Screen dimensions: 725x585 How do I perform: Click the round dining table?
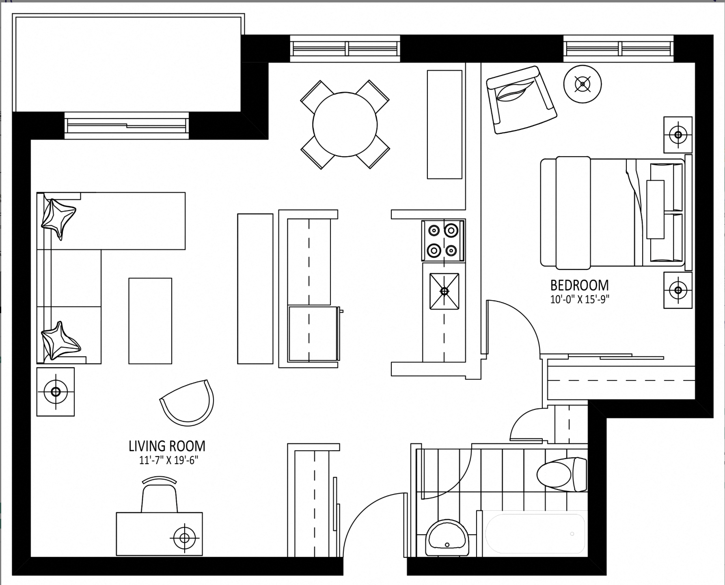[x=345, y=125]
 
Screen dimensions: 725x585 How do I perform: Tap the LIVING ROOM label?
[x=167, y=446]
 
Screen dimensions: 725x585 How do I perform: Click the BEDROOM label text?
[x=579, y=286]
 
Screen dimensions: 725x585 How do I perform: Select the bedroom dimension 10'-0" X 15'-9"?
[x=579, y=299]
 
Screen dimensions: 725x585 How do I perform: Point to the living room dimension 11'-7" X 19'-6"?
[x=168, y=460]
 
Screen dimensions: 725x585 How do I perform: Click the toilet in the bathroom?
[x=562, y=474]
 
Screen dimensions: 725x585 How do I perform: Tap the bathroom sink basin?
[x=447, y=538]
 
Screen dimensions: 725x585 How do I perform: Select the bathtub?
[x=535, y=533]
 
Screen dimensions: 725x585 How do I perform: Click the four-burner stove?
[x=443, y=241]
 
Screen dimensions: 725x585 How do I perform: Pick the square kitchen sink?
[x=444, y=291]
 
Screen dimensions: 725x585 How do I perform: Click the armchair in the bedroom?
[x=521, y=100]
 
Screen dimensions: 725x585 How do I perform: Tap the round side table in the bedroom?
[x=583, y=84]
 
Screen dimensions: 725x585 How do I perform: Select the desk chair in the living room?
[x=160, y=495]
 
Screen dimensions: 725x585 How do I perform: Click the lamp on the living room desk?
[x=185, y=538]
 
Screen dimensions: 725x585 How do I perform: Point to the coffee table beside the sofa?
[x=150, y=321]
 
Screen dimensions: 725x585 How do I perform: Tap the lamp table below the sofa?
[x=56, y=392]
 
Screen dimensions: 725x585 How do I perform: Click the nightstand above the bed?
[x=678, y=135]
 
